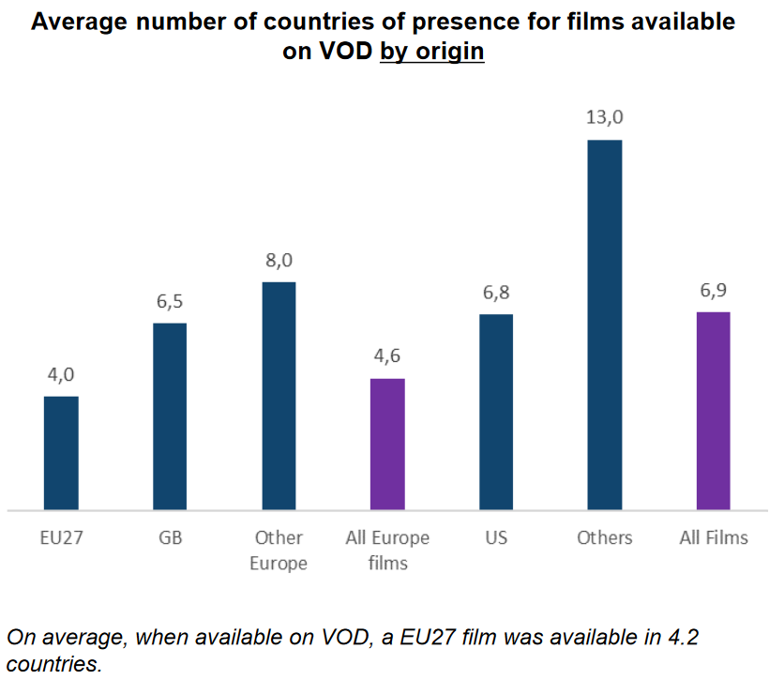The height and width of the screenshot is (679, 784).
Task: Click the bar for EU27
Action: point(61,453)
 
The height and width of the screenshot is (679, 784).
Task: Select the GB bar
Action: point(170,416)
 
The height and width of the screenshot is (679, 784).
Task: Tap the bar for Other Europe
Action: point(279,396)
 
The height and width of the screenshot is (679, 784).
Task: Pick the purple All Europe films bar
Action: point(387,445)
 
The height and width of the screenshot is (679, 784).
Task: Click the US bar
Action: point(496,412)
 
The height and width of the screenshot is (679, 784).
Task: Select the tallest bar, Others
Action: point(604,324)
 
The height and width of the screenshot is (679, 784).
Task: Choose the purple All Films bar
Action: point(713,411)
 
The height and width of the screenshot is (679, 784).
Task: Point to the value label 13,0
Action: point(604,118)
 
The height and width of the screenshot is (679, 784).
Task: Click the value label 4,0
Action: point(61,374)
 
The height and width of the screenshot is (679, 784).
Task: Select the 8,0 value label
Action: point(279,260)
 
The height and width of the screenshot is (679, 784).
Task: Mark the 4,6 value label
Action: point(387,356)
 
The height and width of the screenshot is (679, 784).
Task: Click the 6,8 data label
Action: point(496,293)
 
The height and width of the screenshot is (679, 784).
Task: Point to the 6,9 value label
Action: point(713,290)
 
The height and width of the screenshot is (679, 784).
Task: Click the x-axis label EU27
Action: point(61,537)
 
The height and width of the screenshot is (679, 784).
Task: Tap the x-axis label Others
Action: point(604,537)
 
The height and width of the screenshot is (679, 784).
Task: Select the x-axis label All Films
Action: point(713,537)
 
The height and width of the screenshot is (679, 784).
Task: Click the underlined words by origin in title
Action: point(431,51)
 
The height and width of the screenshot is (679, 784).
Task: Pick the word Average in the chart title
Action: point(75,22)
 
